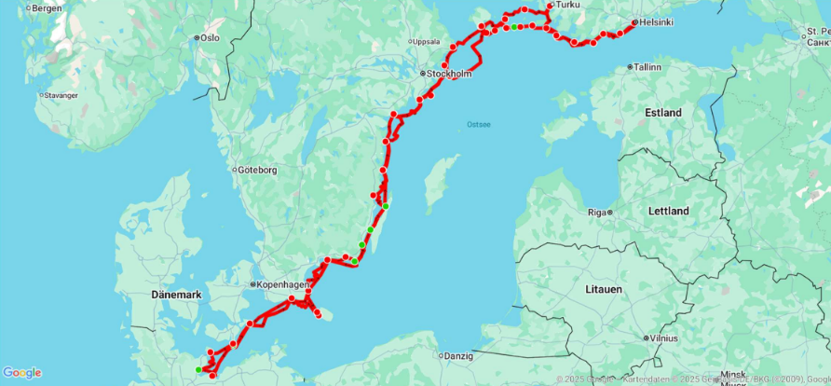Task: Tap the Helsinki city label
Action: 654,22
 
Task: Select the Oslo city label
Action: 210,37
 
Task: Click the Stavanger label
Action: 62,94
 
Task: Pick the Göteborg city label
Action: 258,170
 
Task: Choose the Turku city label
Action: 567,5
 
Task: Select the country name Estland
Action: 663,113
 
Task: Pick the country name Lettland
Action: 668,211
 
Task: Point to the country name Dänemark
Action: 175,295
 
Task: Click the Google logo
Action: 21,373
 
